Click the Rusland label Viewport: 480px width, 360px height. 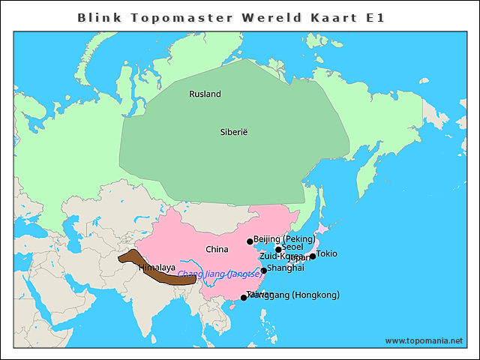[205, 94]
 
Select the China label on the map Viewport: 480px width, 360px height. [217, 249]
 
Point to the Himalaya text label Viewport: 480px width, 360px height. [157, 268]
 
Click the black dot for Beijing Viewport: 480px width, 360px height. [250, 241]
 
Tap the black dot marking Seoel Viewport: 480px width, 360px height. [278, 250]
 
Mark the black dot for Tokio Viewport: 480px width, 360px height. [313, 256]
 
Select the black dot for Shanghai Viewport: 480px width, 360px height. [263, 271]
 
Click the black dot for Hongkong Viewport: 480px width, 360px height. [244, 298]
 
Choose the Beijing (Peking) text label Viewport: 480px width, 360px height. [284, 239]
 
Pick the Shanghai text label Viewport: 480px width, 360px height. [286, 268]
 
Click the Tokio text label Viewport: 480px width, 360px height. [327, 253]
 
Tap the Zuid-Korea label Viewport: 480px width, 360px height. [281, 256]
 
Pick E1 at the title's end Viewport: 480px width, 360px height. [375, 17]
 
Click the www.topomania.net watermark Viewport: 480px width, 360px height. [424, 340]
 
